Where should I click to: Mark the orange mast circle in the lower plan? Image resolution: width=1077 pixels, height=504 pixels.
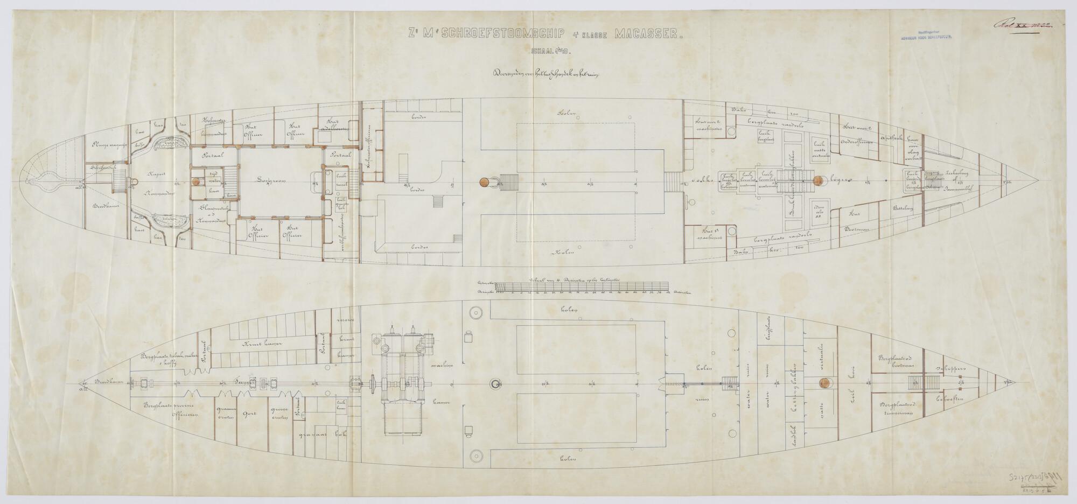point(823,383)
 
